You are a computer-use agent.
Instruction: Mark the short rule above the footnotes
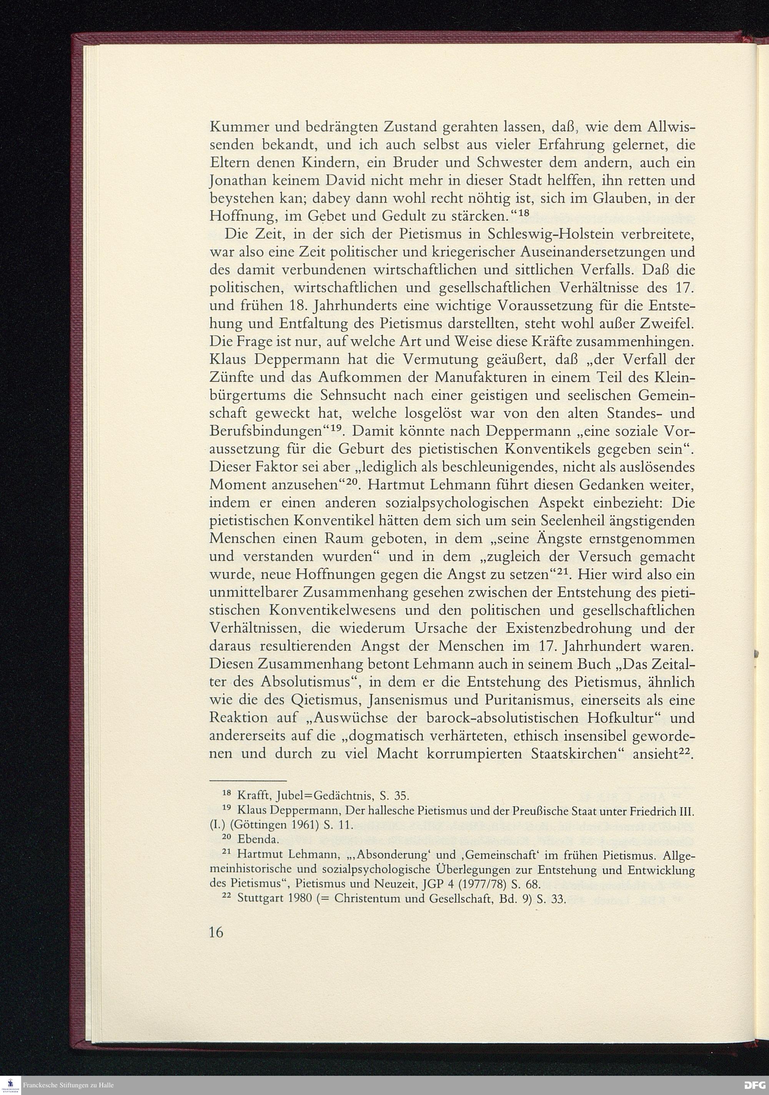pyautogui.click(x=248, y=780)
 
